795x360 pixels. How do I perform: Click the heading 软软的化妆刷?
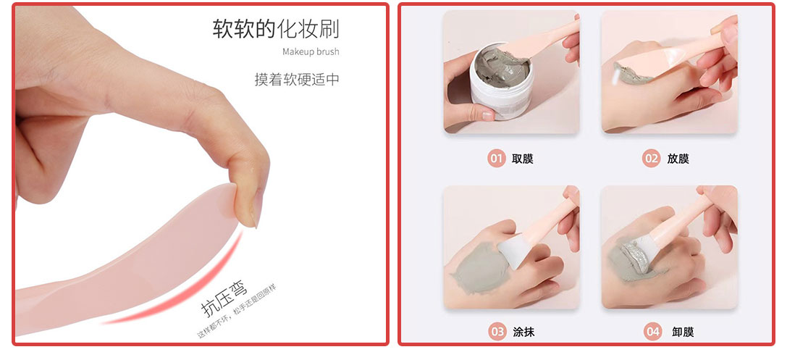(x=275, y=29)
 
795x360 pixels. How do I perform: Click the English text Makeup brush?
(x=310, y=51)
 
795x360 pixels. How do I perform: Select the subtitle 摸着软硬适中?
(x=296, y=79)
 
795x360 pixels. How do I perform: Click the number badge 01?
(x=497, y=158)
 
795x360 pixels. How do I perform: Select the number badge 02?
(x=652, y=158)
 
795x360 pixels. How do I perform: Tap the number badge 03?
(x=497, y=332)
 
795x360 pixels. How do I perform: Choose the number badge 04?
(x=653, y=332)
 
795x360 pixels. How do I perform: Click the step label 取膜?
(x=522, y=159)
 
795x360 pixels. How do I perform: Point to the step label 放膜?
(x=678, y=159)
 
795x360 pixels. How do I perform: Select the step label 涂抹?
(x=523, y=332)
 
